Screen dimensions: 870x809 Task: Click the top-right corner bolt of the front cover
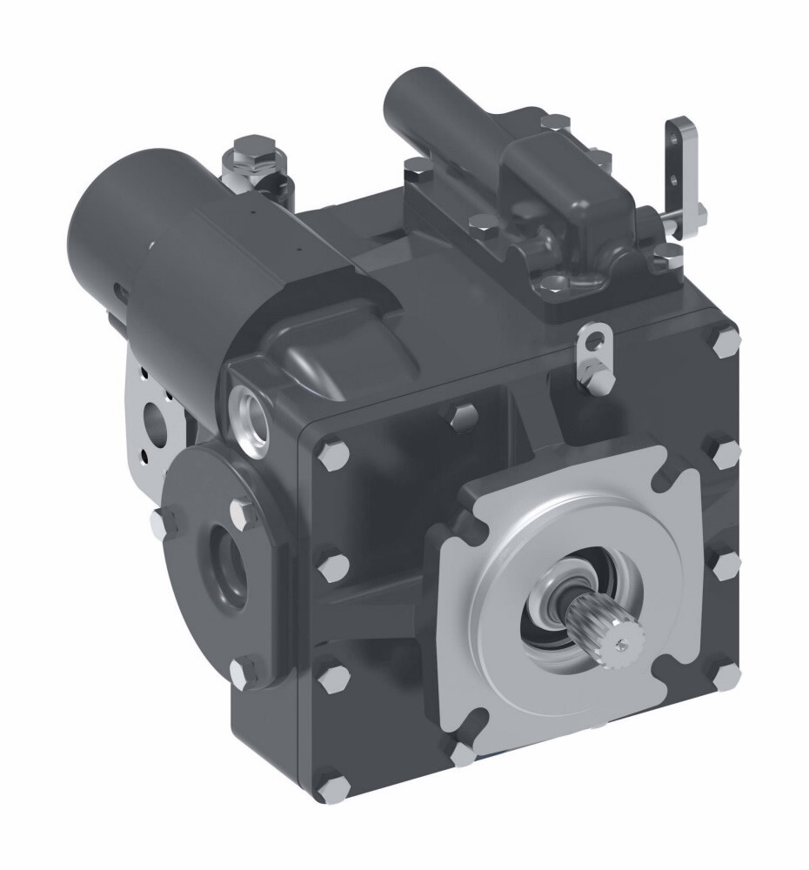click(725, 341)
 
